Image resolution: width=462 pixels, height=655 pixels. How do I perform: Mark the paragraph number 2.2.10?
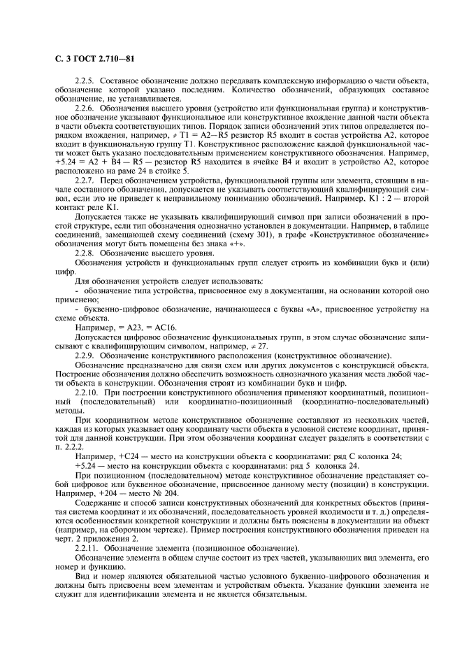coord(87,392)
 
